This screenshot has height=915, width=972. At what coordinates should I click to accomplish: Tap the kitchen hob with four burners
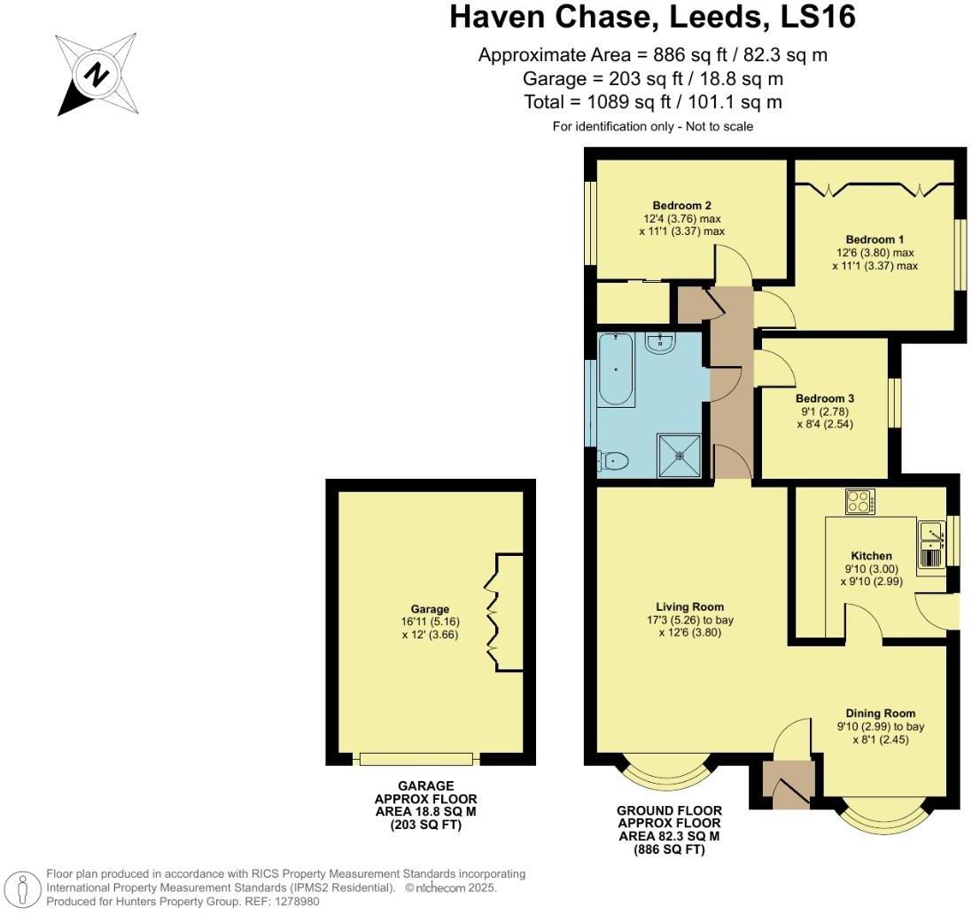coord(860,503)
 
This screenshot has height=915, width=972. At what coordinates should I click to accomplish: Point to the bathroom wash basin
coord(660,342)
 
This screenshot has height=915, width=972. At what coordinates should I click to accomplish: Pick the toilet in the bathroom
coord(613,461)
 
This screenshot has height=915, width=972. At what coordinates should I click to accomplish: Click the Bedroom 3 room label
coord(824,398)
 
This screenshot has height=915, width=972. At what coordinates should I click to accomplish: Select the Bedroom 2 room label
coord(682,206)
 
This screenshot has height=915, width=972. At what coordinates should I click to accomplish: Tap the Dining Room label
coord(880,713)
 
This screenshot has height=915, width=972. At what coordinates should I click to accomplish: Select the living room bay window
coord(665,773)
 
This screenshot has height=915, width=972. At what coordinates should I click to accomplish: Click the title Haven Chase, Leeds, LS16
coord(652,17)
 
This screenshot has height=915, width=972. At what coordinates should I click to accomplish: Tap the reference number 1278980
coord(293,902)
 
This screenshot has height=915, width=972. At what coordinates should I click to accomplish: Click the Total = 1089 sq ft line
coord(652,102)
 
